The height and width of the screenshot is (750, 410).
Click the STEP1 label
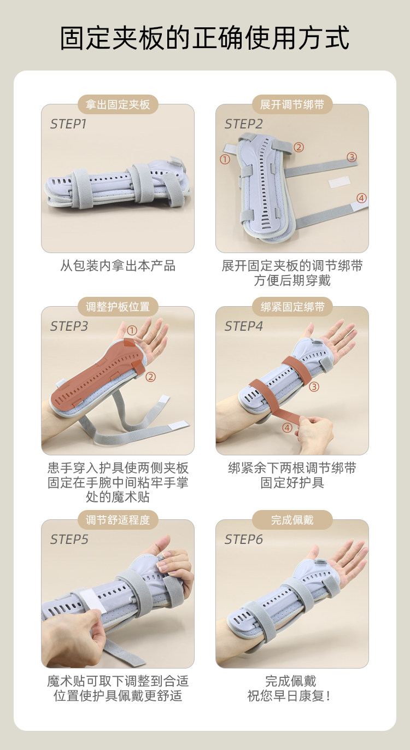(68, 124)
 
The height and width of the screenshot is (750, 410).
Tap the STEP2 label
(243, 124)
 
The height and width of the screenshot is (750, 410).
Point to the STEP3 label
(69, 326)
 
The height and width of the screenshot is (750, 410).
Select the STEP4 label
(243, 326)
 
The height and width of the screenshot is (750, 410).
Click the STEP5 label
(69, 540)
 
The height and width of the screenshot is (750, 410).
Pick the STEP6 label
(243, 540)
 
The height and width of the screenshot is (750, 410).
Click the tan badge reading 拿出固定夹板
(118, 104)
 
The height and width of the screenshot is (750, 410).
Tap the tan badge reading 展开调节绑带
(292, 104)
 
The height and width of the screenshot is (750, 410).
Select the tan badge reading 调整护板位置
(118, 307)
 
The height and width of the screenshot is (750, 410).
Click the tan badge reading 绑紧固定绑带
(292, 307)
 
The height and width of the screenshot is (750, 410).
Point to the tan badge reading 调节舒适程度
(118, 520)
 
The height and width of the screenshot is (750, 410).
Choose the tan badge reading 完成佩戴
(292, 520)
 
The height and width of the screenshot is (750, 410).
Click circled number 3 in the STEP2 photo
(352, 157)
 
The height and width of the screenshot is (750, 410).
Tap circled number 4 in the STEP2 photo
(361, 198)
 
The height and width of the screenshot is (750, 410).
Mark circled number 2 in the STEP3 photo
(150, 377)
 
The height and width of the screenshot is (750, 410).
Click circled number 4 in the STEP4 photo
(287, 427)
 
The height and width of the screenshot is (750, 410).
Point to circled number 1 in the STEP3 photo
(132, 331)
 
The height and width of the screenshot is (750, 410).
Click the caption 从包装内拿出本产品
(118, 266)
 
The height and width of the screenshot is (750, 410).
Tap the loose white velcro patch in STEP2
(339, 182)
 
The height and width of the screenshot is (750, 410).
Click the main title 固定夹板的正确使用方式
(205, 38)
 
